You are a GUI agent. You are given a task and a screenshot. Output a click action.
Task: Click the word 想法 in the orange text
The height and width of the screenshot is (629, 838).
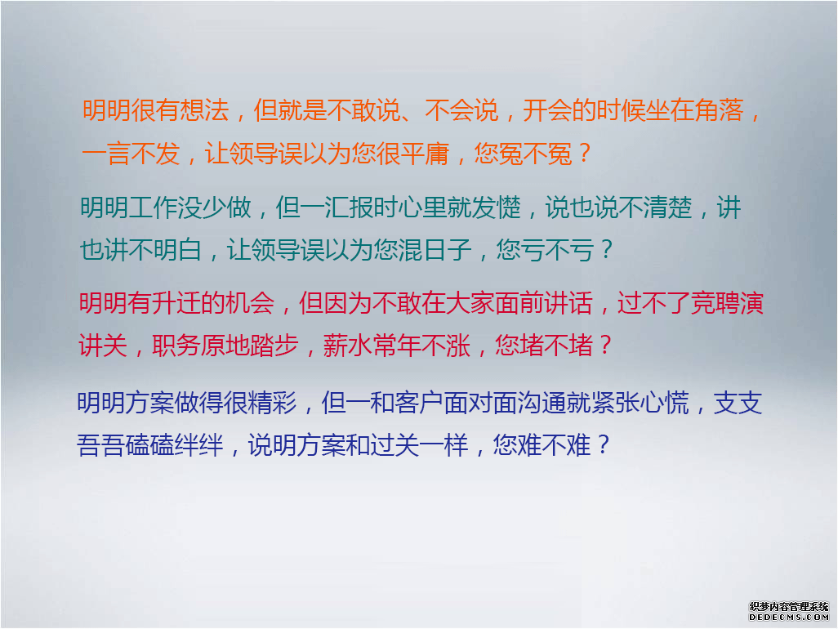click(205, 110)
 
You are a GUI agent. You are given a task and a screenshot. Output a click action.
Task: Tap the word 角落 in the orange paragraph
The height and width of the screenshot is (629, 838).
click(720, 110)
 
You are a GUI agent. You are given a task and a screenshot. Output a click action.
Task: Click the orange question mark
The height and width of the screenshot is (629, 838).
click(584, 154)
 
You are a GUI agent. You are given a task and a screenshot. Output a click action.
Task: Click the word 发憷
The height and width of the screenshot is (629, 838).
click(497, 207)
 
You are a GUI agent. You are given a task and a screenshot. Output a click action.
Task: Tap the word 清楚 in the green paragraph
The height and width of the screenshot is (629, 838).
click(668, 207)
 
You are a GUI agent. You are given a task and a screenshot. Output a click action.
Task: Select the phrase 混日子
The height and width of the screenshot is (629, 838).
click(436, 250)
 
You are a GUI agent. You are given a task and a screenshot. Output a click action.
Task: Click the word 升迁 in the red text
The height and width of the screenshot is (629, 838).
click(177, 303)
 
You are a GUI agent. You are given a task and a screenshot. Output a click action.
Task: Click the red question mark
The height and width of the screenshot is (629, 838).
click(605, 346)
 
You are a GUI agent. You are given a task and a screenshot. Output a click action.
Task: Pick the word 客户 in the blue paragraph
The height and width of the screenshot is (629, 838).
click(418, 403)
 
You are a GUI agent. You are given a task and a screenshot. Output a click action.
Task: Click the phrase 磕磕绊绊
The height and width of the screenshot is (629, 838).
click(175, 445)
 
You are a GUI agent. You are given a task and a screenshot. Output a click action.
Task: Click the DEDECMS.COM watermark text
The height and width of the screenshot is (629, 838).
click(789, 617)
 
